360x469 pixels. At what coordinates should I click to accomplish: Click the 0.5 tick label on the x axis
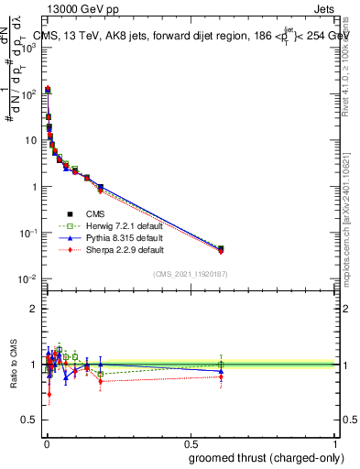[x=191, y=443]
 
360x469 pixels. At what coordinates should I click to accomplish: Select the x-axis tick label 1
[x=336, y=443]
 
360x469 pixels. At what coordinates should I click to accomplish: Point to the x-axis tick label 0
[x=45, y=443]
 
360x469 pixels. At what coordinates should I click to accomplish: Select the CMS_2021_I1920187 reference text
[x=191, y=274]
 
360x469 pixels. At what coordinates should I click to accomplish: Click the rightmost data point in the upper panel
[x=220, y=248]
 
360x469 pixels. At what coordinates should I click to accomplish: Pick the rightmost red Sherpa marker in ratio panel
[x=220, y=376]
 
